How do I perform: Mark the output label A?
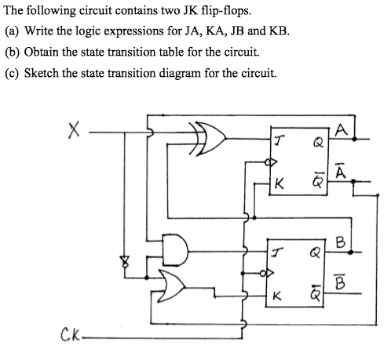[x=341, y=130]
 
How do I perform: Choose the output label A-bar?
[x=341, y=170]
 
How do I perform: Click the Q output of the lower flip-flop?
[x=315, y=253]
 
